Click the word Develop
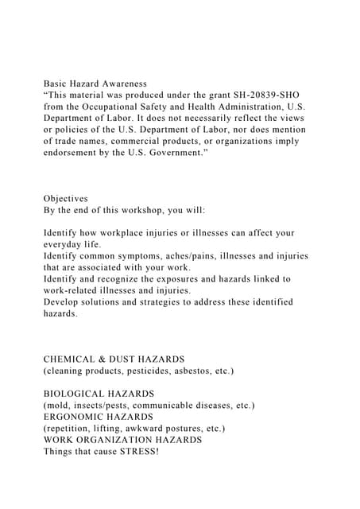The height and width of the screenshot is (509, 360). (x=63, y=302)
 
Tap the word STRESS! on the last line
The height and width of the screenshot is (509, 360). (x=134, y=452)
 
